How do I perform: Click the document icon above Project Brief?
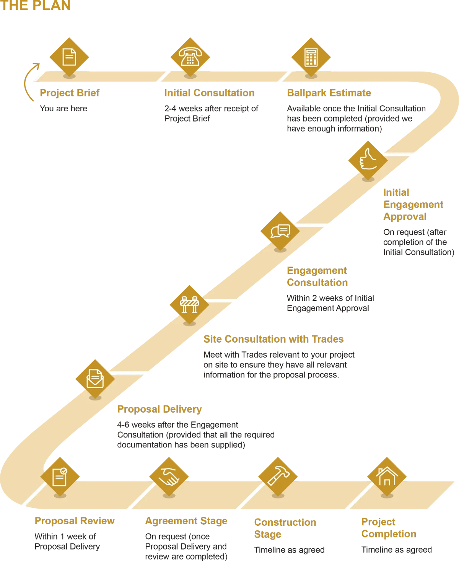[69, 57]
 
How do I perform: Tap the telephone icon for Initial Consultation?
[190, 57]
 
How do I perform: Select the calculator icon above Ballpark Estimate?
[311, 57]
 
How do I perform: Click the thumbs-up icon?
[368, 159]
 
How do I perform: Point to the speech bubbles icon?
[280, 231]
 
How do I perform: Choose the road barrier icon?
[189, 305]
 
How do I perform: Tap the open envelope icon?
[95, 379]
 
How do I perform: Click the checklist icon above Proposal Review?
[60, 476]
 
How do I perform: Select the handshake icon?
[169, 476]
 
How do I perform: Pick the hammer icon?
[278, 476]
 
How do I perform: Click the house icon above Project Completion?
[387, 476]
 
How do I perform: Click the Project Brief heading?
[70, 93]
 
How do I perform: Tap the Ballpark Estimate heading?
[329, 93]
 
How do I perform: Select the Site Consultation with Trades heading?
[274, 339]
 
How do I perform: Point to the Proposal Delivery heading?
[159, 409]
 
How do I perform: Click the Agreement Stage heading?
[186, 521]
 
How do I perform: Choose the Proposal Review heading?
[75, 521]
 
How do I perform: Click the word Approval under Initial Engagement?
[405, 217]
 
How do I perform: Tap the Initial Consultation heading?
[210, 93]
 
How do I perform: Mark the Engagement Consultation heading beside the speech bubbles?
[317, 276]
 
